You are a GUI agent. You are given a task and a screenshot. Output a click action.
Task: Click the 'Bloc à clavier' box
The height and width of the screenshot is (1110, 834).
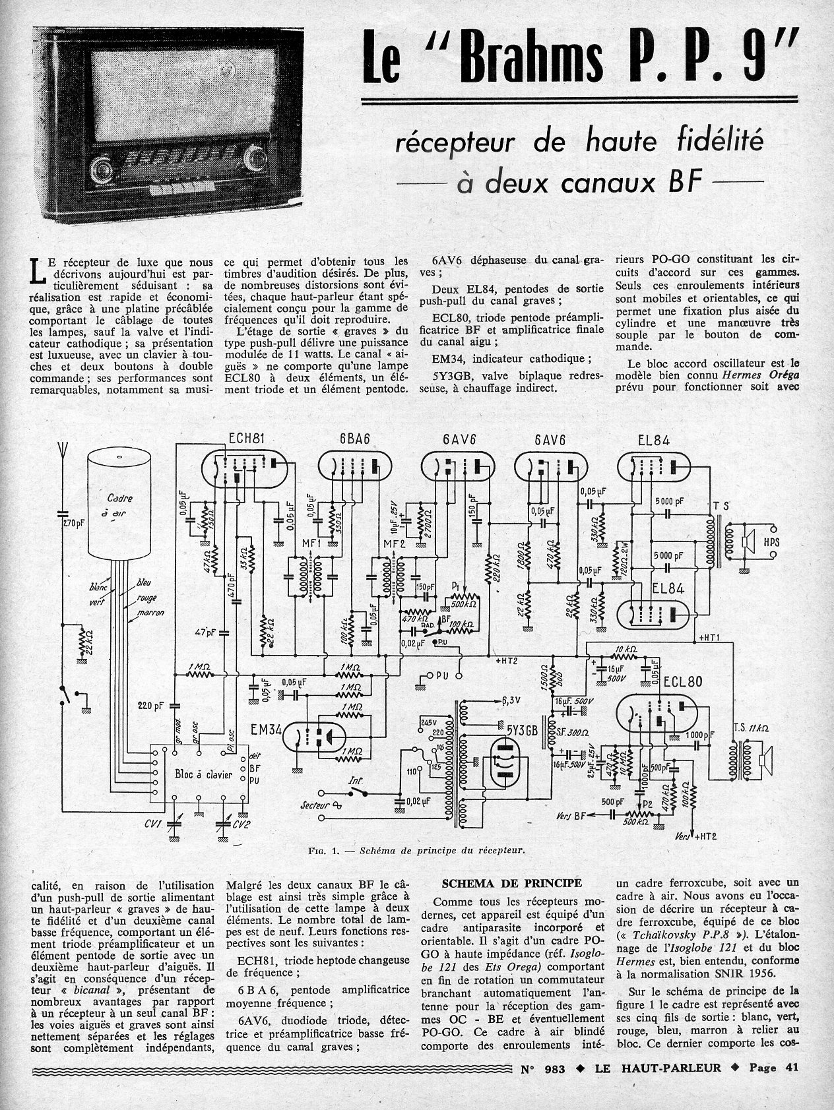199,774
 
